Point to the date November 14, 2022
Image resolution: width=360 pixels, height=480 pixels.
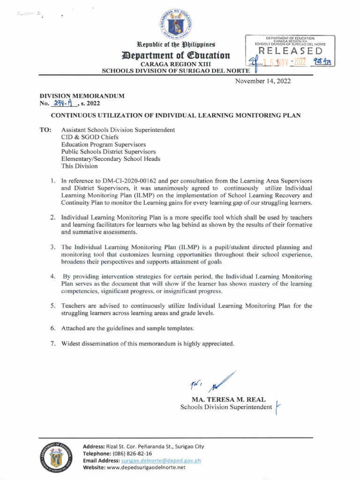click(262, 81)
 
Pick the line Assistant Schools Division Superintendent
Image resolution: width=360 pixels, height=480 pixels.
click(118, 129)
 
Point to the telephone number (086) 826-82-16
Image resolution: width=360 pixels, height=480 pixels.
click(130, 453)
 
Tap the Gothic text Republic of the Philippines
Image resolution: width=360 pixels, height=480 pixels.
click(176, 45)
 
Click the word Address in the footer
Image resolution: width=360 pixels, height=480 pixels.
click(96, 446)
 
